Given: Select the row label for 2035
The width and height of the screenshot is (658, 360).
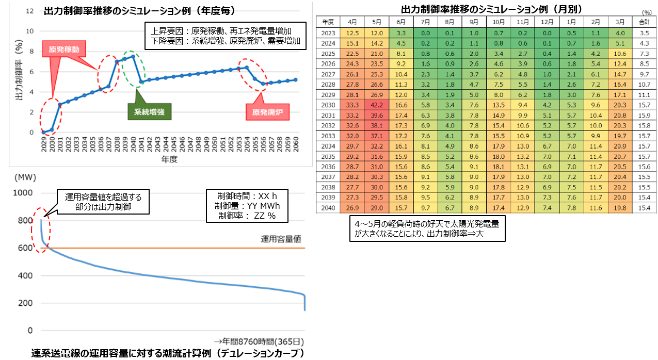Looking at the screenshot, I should [x=328, y=156].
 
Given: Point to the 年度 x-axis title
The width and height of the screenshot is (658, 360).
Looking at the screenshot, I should [x=169, y=159].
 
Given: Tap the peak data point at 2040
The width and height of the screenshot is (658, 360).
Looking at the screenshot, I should [x=133, y=56].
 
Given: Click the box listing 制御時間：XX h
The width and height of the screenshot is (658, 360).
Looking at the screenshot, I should [x=247, y=205].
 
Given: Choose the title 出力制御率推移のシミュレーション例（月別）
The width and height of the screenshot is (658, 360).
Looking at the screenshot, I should [x=486, y=9].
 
